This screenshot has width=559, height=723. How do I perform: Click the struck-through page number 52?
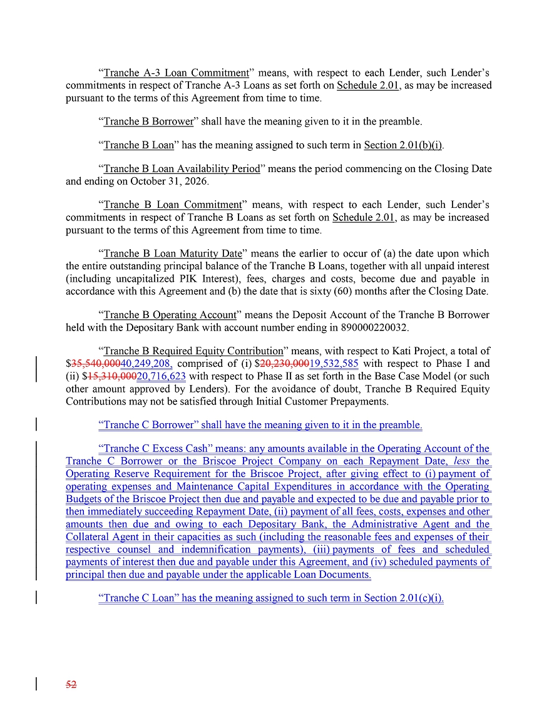[71, 685]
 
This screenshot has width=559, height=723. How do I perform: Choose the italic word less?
[462, 461]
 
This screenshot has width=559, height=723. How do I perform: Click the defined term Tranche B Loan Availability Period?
[182, 169]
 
